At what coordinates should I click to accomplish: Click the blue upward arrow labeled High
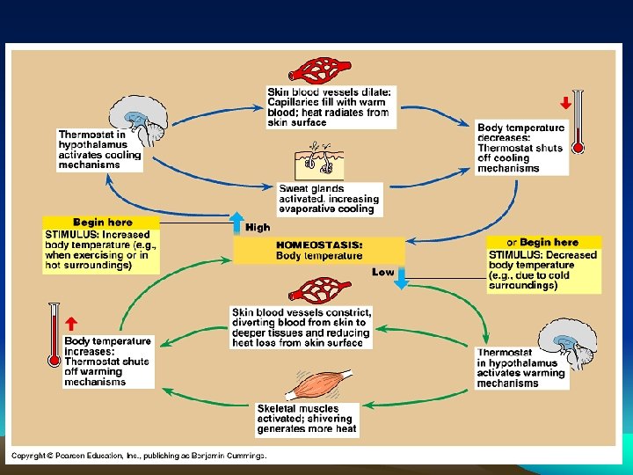pos(236,224)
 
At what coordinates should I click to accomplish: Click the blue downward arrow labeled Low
pos(402,278)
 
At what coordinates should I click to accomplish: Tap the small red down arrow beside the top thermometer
pos(565,103)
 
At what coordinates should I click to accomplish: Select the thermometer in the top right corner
pos(578,121)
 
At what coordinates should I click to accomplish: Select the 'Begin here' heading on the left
pos(102,223)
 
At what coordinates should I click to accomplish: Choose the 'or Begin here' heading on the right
pos(542,242)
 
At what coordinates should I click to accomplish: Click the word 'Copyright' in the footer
pos(30,455)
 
